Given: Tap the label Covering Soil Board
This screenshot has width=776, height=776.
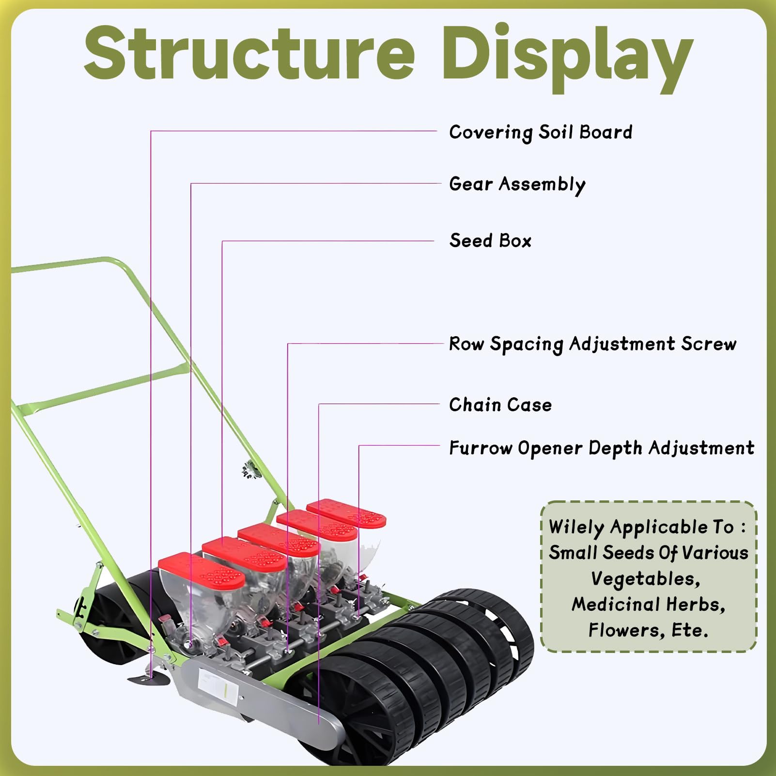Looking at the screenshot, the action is coord(541,132).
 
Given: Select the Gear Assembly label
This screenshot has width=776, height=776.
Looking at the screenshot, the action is coord(517,185).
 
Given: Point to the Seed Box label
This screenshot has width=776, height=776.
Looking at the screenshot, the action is coord(490,241).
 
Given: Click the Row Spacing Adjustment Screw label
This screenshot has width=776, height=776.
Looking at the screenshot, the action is coord(592,344).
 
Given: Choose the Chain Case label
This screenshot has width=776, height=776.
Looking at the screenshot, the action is coord(500,404).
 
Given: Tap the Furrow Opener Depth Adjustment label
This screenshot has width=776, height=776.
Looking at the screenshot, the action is coord(602,448).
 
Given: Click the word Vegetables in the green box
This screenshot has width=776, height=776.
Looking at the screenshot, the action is coord(645,579).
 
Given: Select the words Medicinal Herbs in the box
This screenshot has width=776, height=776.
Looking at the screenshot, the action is coord(648,605).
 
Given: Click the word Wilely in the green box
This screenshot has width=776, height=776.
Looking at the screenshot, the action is coord(576,527).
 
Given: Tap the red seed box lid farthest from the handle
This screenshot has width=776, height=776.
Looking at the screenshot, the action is coord(346,513).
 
